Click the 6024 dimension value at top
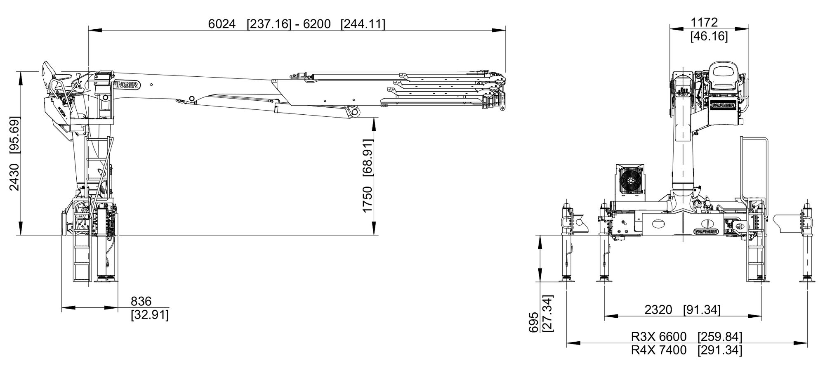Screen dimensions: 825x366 pos(222,24)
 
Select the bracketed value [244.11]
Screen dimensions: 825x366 pos(363,24)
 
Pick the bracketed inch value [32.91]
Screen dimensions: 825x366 pos(150,315)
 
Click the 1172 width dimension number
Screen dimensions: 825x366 pos(705,22)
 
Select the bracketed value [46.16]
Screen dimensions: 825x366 pos(709,36)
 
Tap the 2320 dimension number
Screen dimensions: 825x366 pos(658,309)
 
